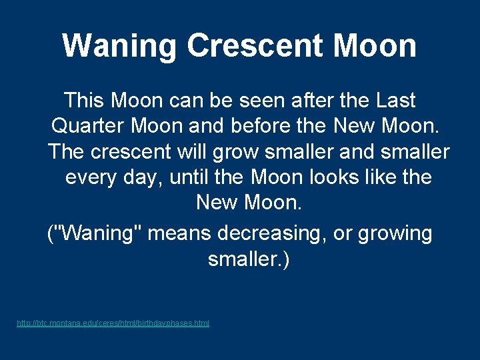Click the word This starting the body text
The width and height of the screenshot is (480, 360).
pos(85,101)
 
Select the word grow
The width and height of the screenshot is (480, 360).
pos(235,152)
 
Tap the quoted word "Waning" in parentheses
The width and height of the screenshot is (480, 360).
pos(94,234)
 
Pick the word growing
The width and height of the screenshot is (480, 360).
pos(395,234)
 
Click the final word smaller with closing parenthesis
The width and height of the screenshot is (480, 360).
pos(249,259)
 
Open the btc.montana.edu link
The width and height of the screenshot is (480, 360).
pos(113,323)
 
